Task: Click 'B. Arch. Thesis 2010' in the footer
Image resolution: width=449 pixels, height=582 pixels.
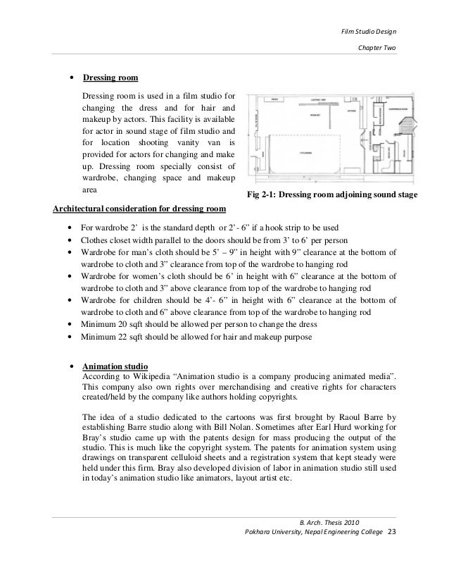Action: (x=329, y=521)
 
